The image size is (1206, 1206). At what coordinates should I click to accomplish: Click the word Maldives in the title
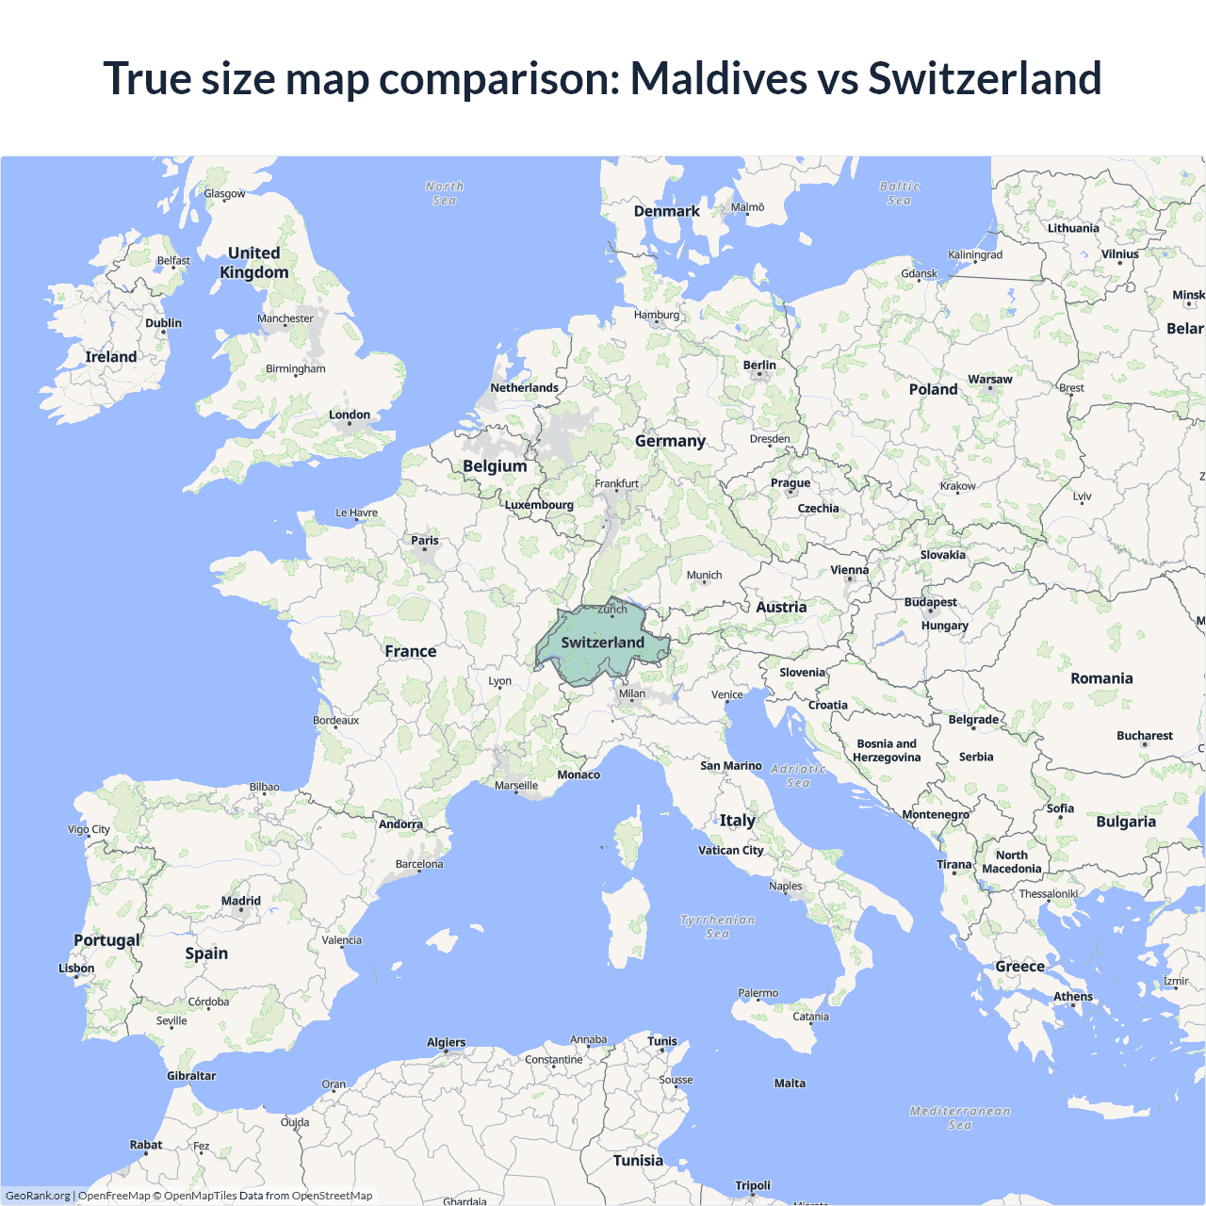tap(718, 78)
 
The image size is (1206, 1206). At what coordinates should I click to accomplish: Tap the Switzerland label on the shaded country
tap(603, 643)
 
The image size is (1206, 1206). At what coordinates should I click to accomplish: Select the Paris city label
tap(425, 541)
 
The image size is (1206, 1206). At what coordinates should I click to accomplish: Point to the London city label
tap(350, 415)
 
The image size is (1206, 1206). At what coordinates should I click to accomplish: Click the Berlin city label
tap(759, 366)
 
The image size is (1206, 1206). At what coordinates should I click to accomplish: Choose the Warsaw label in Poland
tap(990, 380)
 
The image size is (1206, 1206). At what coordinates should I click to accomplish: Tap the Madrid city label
tap(241, 901)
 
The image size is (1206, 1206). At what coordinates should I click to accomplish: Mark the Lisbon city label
tap(76, 969)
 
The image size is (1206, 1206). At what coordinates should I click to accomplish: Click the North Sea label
tap(445, 193)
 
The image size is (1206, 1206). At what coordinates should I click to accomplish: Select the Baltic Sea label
tap(900, 193)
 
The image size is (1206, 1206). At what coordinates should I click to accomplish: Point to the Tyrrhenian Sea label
tap(717, 926)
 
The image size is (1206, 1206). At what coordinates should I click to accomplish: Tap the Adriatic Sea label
tap(798, 775)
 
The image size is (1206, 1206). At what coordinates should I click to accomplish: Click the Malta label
tap(790, 1084)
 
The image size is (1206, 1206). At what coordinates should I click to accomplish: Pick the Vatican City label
tap(731, 850)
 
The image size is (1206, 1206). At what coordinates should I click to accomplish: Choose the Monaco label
tap(579, 774)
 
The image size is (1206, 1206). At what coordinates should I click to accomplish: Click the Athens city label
tap(1073, 997)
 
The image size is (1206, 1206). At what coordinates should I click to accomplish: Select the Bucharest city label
tap(1145, 736)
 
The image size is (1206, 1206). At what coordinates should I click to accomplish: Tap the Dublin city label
tap(164, 323)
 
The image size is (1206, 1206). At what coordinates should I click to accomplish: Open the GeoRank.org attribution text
tap(38, 1196)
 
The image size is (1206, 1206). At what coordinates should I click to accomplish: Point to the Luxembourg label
tap(539, 505)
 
